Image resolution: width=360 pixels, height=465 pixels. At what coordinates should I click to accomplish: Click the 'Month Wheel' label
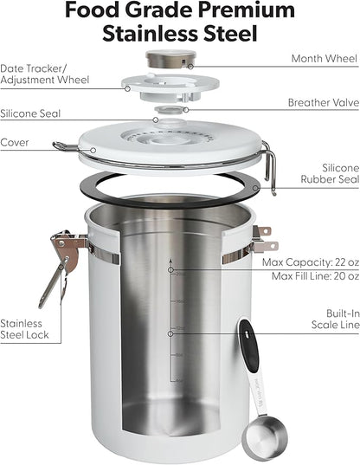[325, 58]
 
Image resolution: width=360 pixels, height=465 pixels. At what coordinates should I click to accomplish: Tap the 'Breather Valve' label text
[324, 102]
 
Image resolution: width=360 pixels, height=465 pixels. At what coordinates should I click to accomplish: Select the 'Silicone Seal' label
[30, 113]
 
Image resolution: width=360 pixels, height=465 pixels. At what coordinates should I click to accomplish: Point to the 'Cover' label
[15, 142]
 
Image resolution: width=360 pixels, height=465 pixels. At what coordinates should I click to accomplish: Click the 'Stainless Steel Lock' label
[24, 329]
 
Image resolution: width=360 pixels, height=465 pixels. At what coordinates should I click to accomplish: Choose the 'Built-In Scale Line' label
[336, 320]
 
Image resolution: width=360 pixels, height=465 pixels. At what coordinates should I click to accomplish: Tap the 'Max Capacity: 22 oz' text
[311, 262]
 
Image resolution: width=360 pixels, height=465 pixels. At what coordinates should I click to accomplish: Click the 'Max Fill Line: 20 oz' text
[316, 276]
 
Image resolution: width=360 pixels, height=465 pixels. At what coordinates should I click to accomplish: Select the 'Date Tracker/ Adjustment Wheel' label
[44, 74]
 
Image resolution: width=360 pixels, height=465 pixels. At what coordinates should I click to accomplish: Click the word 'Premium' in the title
[247, 10]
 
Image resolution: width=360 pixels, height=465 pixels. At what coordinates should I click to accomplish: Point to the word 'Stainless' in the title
[150, 33]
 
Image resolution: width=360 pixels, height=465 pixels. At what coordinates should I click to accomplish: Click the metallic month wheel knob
[171, 59]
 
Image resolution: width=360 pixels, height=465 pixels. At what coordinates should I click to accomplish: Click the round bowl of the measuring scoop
[264, 437]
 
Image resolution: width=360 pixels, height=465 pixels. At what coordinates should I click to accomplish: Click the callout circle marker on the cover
[93, 151]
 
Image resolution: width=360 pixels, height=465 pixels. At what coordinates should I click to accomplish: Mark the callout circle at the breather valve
[186, 110]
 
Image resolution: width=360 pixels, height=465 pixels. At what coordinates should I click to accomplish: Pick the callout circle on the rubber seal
[255, 188]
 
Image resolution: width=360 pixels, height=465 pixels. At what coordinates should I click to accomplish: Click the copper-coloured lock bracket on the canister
[67, 250]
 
